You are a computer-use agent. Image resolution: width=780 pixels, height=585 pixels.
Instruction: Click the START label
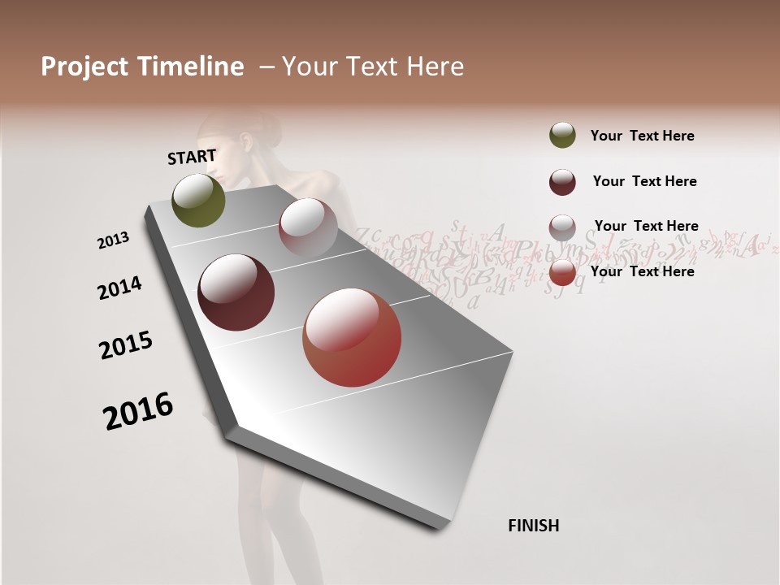pyautogui.click(x=192, y=157)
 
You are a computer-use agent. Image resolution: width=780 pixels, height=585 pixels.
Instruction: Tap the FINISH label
pyautogui.click(x=534, y=526)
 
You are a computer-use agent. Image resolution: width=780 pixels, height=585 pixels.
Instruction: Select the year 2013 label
pyautogui.click(x=113, y=240)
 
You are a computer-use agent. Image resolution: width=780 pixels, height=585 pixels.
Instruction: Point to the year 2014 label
pyautogui.click(x=119, y=288)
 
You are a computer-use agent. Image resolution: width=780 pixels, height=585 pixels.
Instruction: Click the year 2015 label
pyautogui.click(x=126, y=345)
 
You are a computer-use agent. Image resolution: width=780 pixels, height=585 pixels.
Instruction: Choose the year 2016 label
pyautogui.click(x=138, y=410)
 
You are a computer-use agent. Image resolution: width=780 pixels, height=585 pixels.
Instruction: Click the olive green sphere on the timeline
pyautogui.click(x=199, y=200)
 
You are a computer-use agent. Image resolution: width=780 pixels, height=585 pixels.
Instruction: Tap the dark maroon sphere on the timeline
pyautogui.click(x=236, y=292)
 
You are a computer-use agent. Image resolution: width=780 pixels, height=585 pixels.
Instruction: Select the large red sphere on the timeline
pyautogui.click(x=352, y=337)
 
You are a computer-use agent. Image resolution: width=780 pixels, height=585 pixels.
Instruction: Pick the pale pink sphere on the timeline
pyautogui.click(x=308, y=227)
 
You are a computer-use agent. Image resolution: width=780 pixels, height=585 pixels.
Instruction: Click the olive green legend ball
pyautogui.click(x=562, y=136)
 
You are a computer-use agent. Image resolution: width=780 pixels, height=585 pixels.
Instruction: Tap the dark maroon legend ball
pyautogui.click(x=562, y=182)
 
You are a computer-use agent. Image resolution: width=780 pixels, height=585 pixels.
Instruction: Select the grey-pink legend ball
pyautogui.click(x=562, y=227)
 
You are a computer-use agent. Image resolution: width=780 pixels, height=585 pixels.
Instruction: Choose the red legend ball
pyautogui.click(x=562, y=273)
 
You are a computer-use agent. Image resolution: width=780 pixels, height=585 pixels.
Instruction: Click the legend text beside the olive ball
pyautogui.click(x=642, y=136)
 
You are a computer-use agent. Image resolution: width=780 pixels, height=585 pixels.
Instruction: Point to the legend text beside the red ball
pyautogui.click(x=642, y=271)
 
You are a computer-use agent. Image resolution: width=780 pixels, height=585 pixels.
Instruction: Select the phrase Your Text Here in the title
pyautogui.click(x=373, y=67)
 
